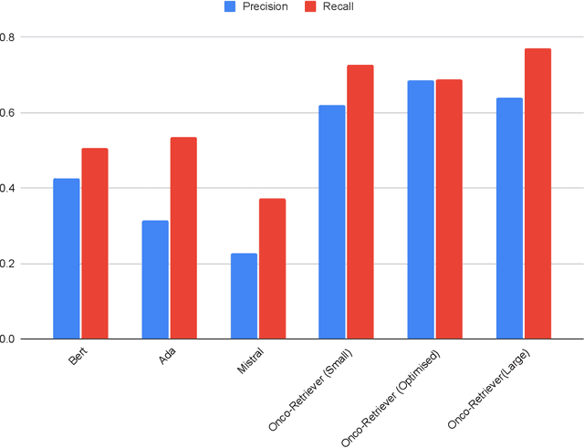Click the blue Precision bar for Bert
(x=67, y=259)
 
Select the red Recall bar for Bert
(x=95, y=244)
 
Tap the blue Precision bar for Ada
(x=155, y=280)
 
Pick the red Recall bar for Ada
(x=183, y=238)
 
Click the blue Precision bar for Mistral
(x=244, y=297)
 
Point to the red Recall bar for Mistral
(x=272, y=269)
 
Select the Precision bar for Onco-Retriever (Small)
(x=332, y=223)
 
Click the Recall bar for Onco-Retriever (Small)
(x=360, y=203)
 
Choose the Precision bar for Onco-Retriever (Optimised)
(x=421, y=210)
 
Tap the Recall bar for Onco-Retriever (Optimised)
(x=449, y=210)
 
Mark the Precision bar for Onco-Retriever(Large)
(x=509, y=219)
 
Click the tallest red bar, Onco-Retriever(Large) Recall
(x=537, y=194)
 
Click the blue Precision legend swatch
(x=231, y=7)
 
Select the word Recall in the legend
(x=336, y=7)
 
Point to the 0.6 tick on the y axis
(x=7, y=113)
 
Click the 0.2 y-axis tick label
(x=7, y=265)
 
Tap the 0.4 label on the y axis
(x=7, y=189)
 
